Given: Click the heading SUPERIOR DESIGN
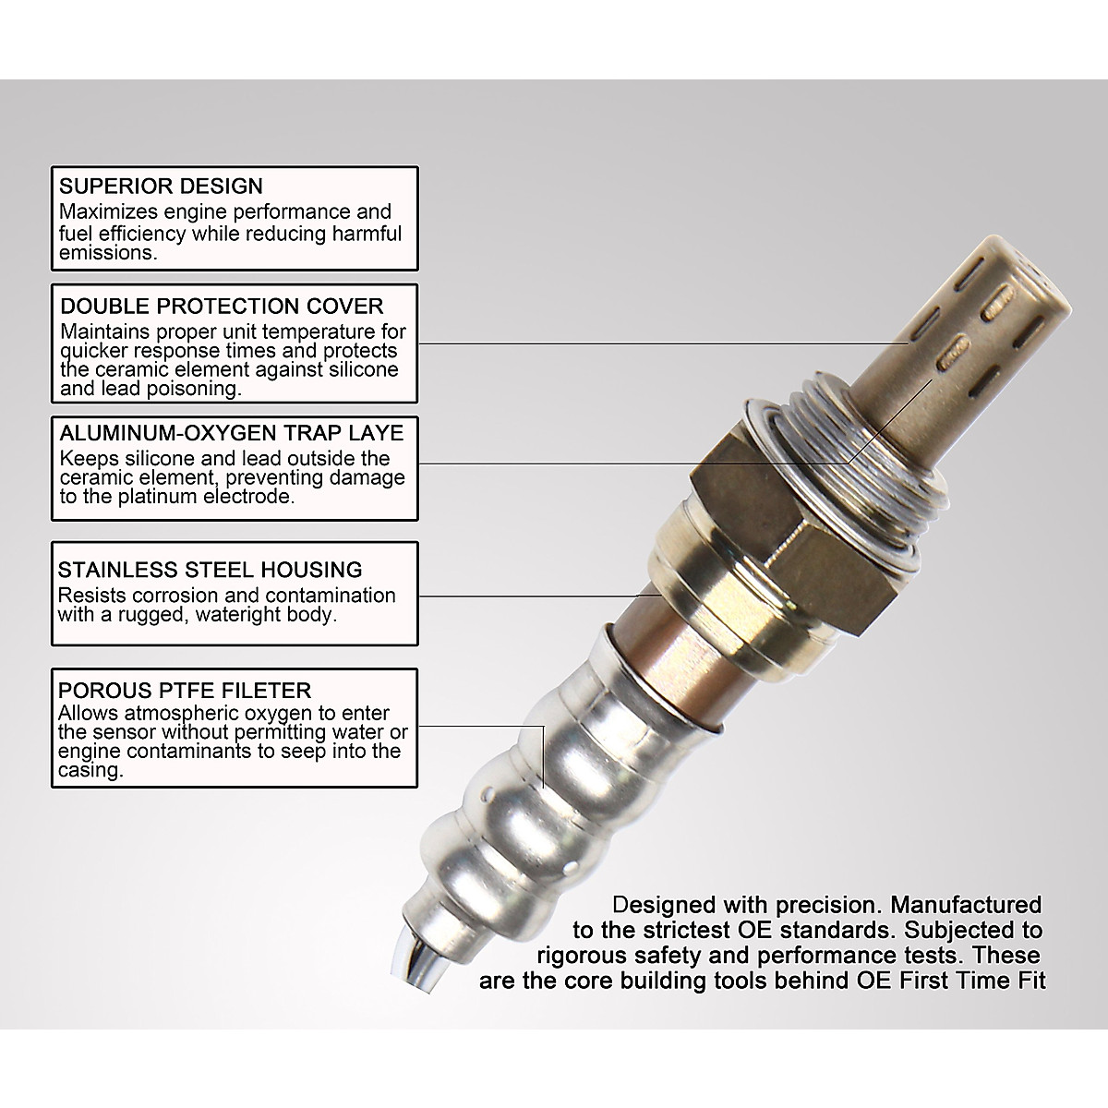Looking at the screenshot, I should (161, 187).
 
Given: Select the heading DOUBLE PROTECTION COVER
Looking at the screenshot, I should (222, 307).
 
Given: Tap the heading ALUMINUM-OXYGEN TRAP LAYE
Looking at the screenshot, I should (232, 433).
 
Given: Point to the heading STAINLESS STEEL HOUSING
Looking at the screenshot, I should (210, 570).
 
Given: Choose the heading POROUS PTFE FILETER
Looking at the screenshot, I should (185, 691).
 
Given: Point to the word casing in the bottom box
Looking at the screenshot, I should (90, 771).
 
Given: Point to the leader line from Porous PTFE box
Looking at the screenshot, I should (480, 726).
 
